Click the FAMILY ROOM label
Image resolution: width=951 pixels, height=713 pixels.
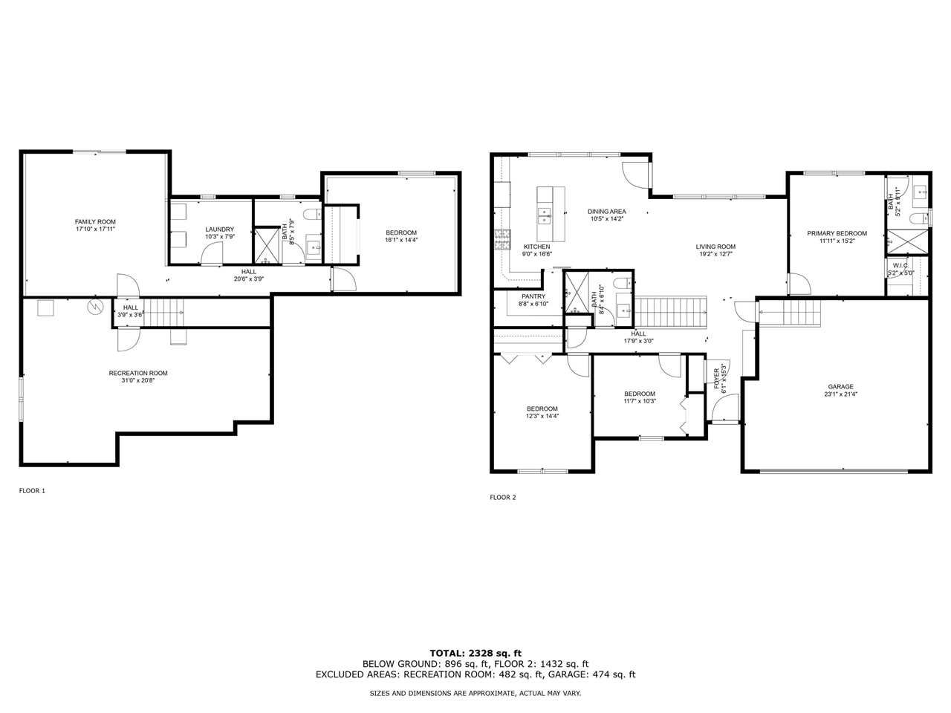pyautogui.click(x=95, y=221)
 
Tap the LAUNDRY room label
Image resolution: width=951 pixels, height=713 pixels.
pyautogui.click(x=220, y=229)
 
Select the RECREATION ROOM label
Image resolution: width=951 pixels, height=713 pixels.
pyautogui.click(x=138, y=373)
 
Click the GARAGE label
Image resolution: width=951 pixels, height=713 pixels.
pyautogui.click(x=841, y=386)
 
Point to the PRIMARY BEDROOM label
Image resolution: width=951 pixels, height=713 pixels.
pyautogui.click(x=837, y=233)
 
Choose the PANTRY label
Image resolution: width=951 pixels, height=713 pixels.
pyautogui.click(x=533, y=296)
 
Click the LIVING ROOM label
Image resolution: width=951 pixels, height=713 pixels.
pyautogui.click(x=715, y=247)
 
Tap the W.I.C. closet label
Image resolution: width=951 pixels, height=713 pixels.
pyautogui.click(x=900, y=265)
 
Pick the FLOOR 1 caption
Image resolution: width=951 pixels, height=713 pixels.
pyautogui.click(x=32, y=491)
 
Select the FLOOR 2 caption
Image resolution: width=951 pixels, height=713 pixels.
pyautogui.click(x=502, y=498)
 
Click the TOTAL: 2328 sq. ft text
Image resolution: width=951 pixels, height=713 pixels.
pyautogui.click(x=475, y=653)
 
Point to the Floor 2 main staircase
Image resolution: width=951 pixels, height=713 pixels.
pyautogui.click(x=672, y=312)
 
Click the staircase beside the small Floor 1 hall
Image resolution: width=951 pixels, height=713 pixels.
pyautogui.click(x=164, y=310)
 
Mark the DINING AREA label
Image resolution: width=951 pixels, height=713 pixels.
pyautogui.click(x=607, y=211)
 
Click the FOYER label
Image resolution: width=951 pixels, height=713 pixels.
pyautogui.click(x=717, y=377)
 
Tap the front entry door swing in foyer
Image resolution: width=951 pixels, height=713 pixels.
pyautogui.click(x=724, y=407)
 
